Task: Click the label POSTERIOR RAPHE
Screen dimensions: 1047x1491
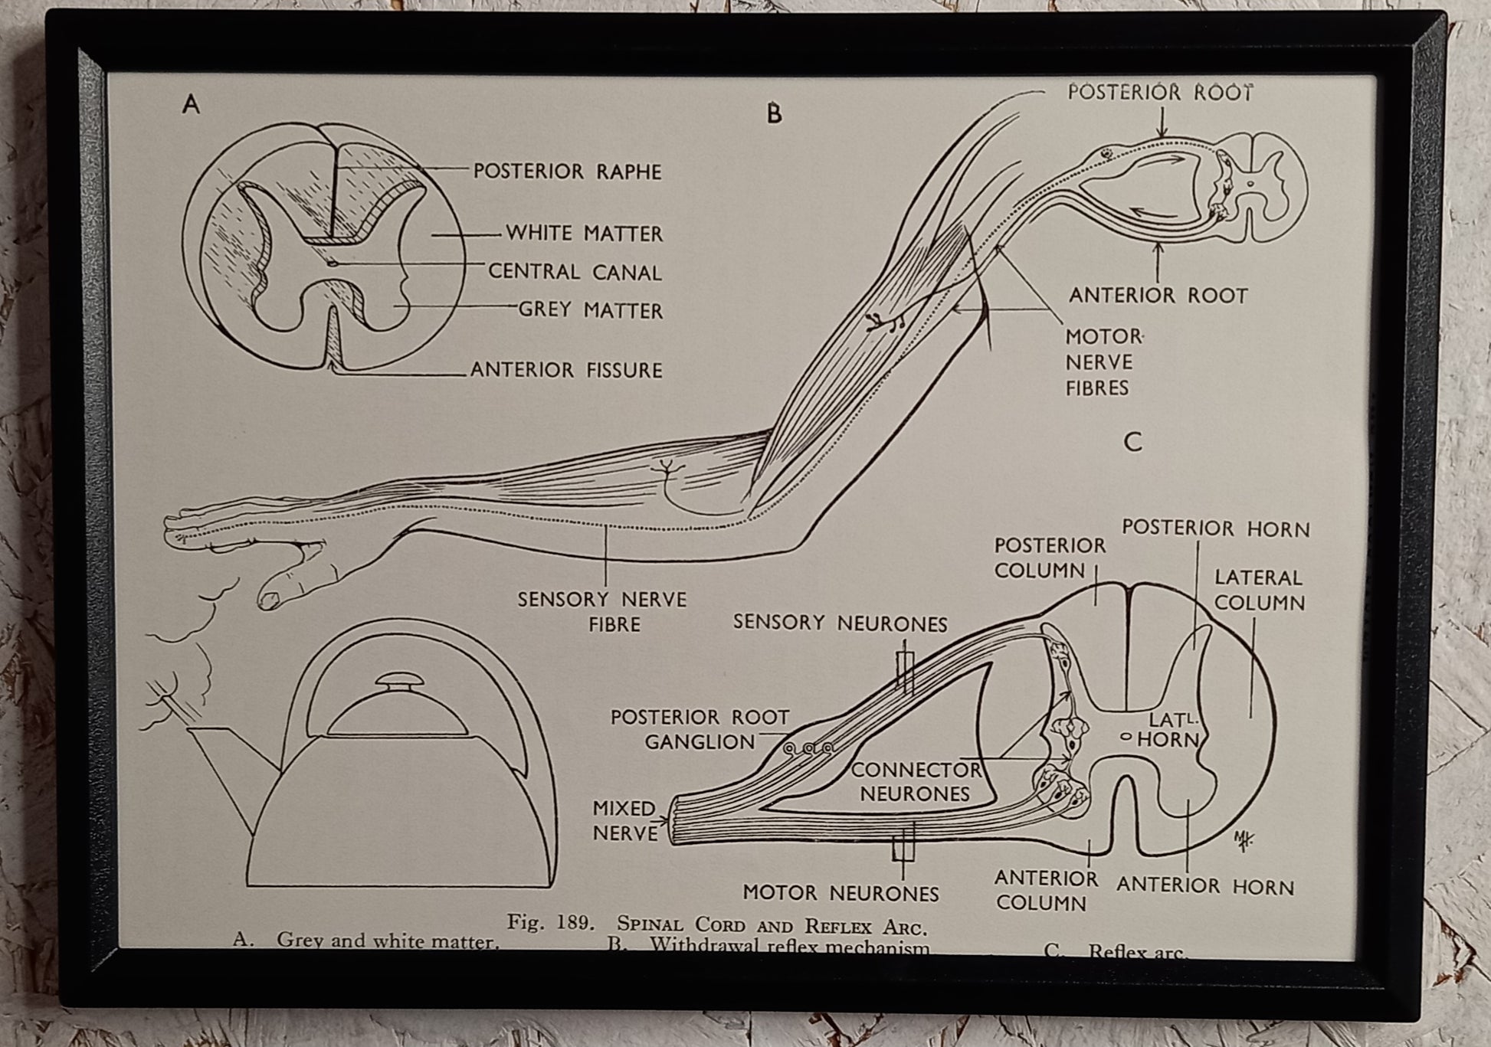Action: coord(567,171)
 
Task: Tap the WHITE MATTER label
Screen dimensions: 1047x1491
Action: coord(584,233)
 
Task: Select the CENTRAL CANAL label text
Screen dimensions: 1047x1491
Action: coord(575,272)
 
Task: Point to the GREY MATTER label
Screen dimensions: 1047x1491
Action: coord(590,310)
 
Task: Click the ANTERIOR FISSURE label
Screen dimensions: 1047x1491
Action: coord(566,370)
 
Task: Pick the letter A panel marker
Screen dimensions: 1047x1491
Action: coord(191,104)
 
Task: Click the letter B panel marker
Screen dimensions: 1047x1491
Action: coord(774,114)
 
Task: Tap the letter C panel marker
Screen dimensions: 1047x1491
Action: coord(1132,443)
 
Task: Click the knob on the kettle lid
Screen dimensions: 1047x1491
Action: coord(397,682)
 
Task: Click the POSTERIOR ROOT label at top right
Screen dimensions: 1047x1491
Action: coord(1160,93)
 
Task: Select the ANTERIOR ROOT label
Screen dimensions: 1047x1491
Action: coord(1158,296)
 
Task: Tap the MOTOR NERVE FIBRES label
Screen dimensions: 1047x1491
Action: coord(1103,362)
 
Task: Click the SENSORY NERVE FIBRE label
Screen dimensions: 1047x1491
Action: coord(602,611)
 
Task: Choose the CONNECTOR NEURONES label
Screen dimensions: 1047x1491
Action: coord(916,781)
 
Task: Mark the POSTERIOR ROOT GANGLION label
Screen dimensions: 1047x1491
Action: coord(699,729)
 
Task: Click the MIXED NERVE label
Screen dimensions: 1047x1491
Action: coord(624,820)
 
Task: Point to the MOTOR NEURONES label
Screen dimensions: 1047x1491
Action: coord(841,893)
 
